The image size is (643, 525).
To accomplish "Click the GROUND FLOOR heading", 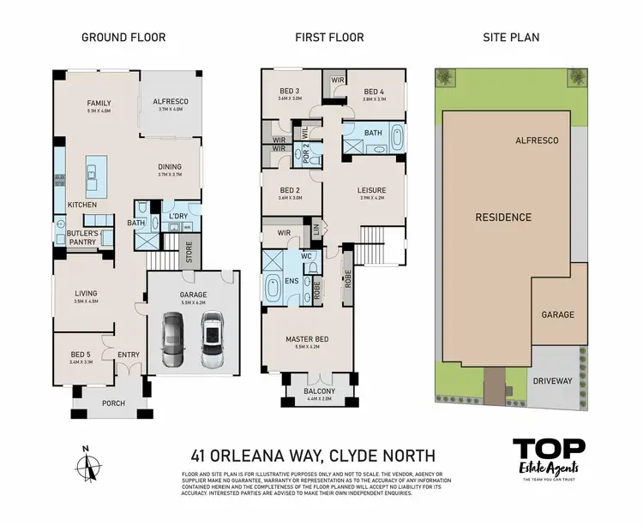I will [123, 37].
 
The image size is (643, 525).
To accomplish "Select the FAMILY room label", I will [99, 104].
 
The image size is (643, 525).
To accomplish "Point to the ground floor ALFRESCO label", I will [170, 102].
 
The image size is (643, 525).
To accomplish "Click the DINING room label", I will [170, 168].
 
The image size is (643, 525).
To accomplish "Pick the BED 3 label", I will [290, 92].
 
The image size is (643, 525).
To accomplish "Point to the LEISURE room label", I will [371, 190].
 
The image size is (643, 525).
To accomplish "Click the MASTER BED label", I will [306, 339].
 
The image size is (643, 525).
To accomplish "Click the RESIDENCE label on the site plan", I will [503, 218].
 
